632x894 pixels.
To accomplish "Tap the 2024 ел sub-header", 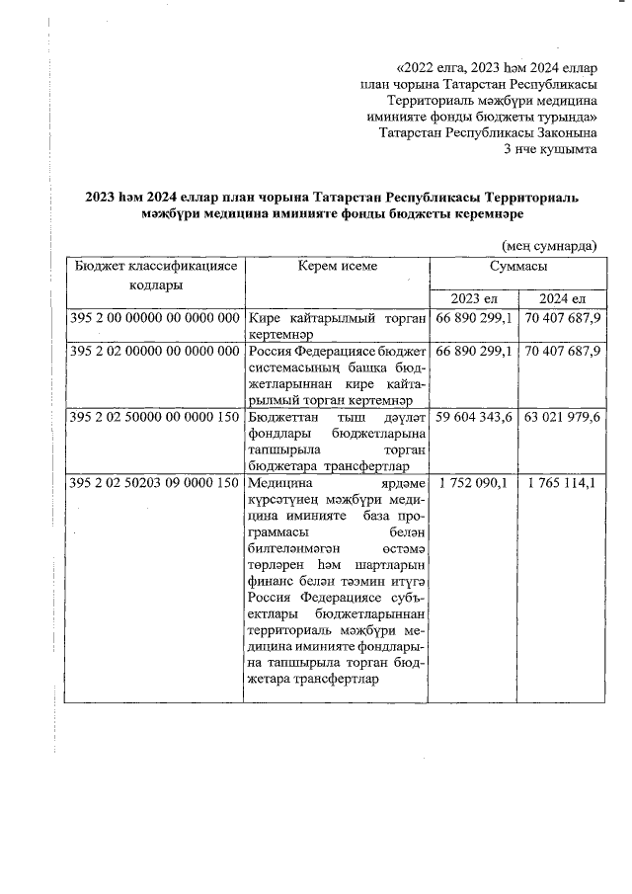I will click(562, 298).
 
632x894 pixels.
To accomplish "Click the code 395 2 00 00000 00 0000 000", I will click(155, 318).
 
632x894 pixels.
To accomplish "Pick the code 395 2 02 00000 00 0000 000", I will click(155, 351).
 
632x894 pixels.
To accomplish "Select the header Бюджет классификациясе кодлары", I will click(155, 275).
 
